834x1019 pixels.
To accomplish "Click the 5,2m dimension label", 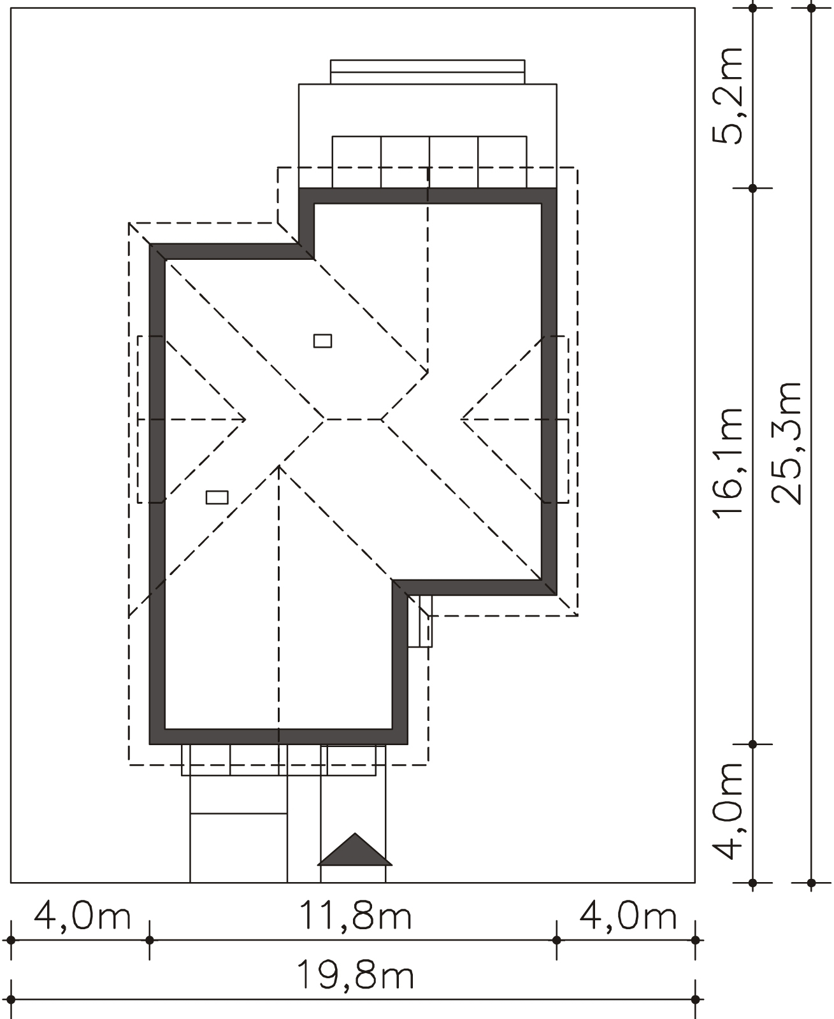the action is click(727, 96).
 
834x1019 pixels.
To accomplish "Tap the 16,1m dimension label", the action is click(728, 464).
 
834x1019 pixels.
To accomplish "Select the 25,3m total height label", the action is click(787, 443).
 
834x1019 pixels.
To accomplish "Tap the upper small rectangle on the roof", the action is click(322, 341).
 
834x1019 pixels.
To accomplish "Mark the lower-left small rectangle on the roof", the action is click(217, 497).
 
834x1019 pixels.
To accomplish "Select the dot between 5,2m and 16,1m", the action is click(752, 188).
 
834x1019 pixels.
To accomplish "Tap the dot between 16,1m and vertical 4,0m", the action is click(752, 745).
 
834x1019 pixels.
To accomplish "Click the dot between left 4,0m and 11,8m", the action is click(149, 940).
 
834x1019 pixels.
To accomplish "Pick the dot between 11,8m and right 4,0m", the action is click(556, 940).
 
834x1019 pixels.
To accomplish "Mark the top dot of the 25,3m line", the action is click(811, 8).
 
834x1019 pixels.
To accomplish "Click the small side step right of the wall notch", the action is click(420, 621).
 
